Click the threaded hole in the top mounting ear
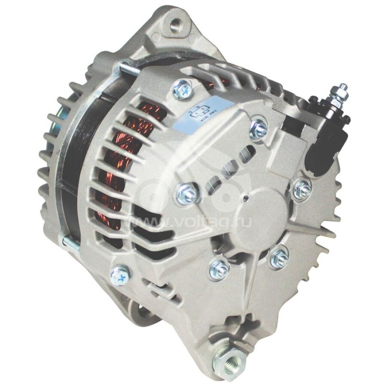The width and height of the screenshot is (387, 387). tap(175, 24)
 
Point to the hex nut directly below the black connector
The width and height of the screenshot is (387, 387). tap(302, 187)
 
